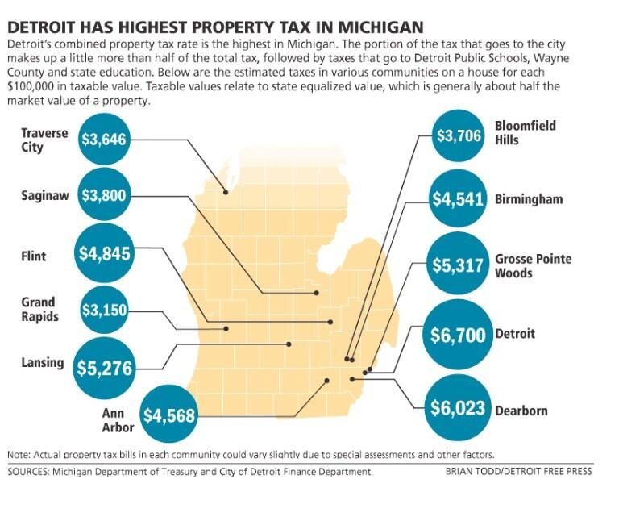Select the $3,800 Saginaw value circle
pos(104,195)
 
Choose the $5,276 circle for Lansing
pos(105,367)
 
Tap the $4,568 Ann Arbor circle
pos(168,416)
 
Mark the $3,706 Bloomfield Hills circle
pos(459,136)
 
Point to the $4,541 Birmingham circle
pos(458,198)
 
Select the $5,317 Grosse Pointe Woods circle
pos(458,266)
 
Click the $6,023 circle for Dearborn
pos(458,408)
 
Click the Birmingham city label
pos(529,199)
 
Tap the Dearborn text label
pos(521,411)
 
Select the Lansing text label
pos(43,363)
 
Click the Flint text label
pos(34,256)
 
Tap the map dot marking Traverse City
pos(226,192)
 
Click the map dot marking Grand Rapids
pos(226,328)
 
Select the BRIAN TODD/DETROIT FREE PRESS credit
pos(518,472)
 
